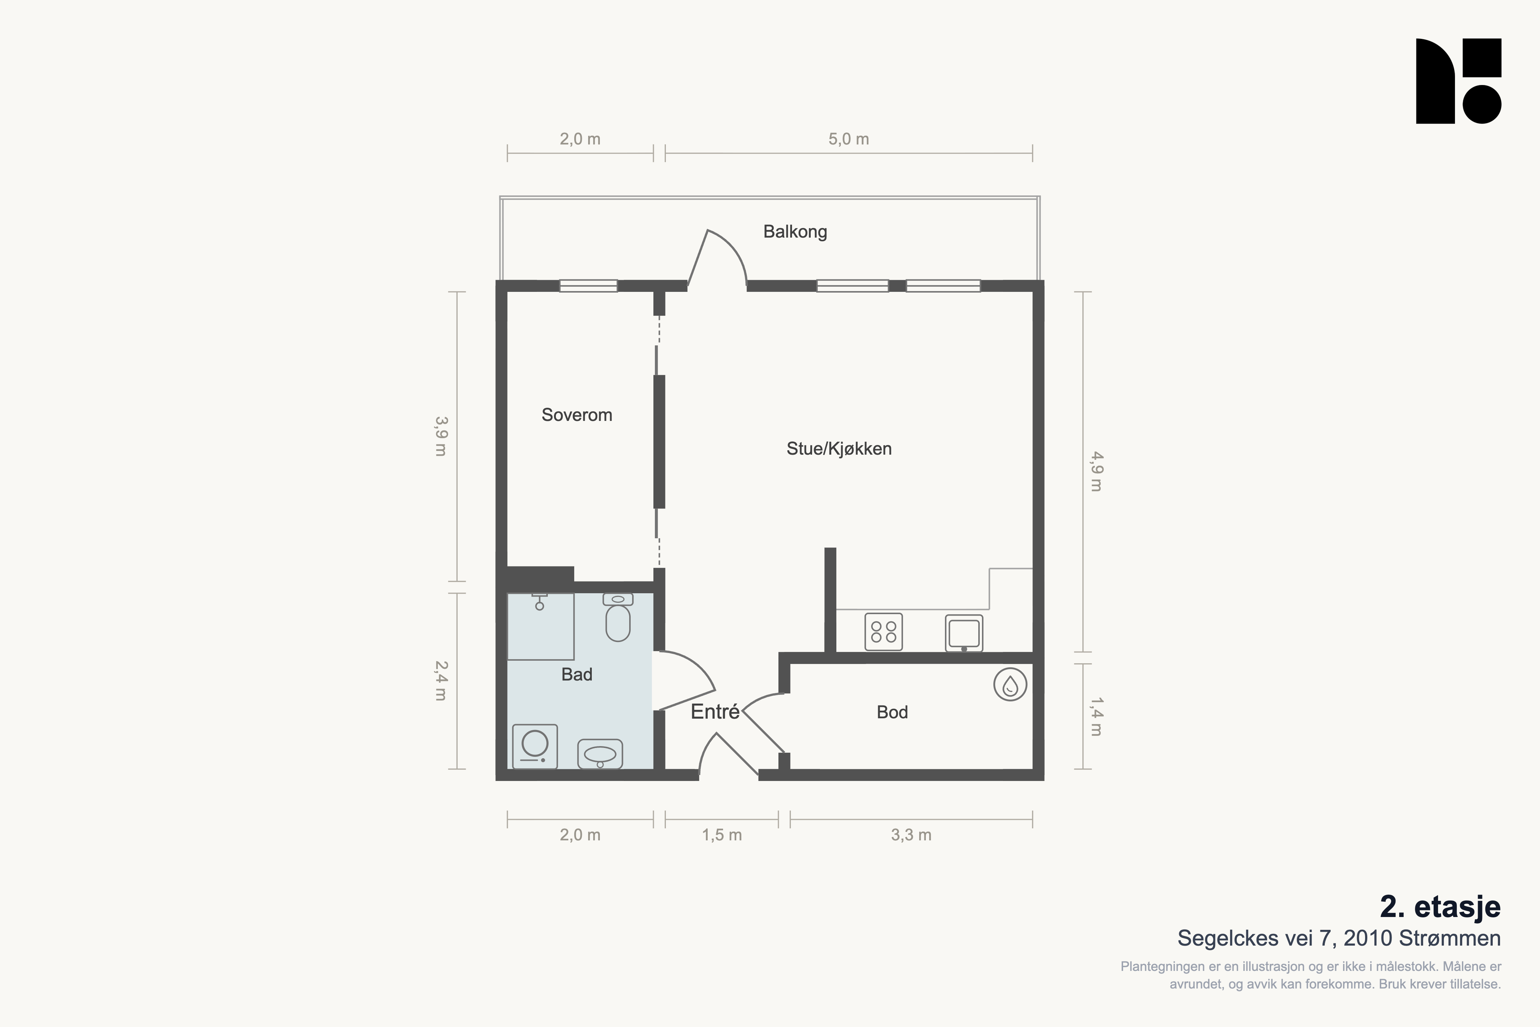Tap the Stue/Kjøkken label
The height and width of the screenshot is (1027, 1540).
tap(839, 449)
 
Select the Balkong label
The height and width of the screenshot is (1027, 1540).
tap(795, 232)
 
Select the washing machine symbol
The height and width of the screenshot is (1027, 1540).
tap(535, 746)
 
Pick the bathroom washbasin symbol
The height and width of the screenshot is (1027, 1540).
tap(600, 754)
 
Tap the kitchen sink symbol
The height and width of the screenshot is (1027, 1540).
tap(964, 633)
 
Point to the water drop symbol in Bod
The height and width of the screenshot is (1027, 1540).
tap(1010, 685)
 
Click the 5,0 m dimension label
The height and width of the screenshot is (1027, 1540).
tap(849, 139)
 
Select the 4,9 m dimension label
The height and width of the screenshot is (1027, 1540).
tap(1096, 472)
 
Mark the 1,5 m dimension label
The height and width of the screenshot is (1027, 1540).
tap(722, 835)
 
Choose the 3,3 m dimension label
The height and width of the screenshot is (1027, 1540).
tap(911, 835)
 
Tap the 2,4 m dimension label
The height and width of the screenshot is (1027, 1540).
tap(440, 681)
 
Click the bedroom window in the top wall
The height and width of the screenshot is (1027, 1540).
tap(588, 286)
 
